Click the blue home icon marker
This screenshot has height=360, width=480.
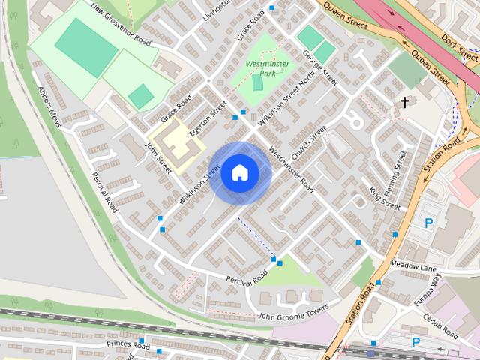(x=239, y=172)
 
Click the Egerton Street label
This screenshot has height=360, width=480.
(x=208, y=119)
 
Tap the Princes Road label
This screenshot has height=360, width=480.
(x=128, y=345)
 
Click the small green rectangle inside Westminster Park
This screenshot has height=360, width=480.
(x=258, y=82)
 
